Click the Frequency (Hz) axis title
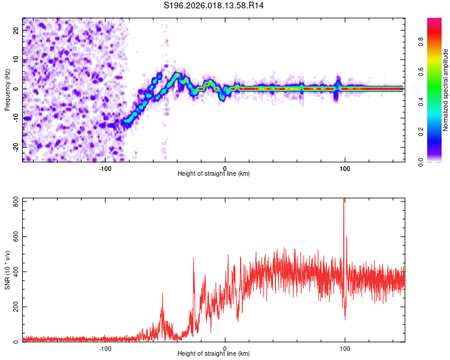click(x=7, y=90)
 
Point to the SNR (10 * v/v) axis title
click(x=7, y=270)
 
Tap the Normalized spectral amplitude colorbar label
click(x=446, y=90)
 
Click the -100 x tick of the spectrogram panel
click(x=105, y=169)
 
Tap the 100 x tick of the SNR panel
click(x=345, y=349)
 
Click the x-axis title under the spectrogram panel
click(x=214, y=174)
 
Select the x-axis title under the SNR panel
click(x=214, y=354)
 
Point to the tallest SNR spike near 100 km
click(x=344, y=200)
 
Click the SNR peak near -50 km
click(x=163, y=293)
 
